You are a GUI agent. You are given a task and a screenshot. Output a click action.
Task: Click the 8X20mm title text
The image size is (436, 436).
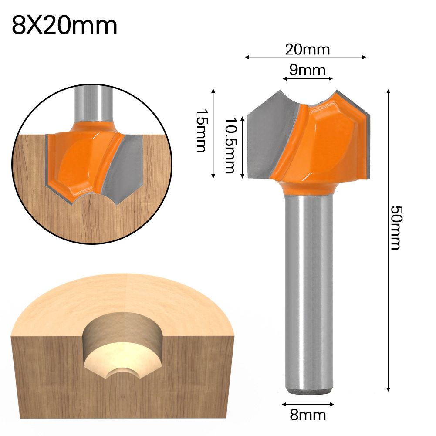64,25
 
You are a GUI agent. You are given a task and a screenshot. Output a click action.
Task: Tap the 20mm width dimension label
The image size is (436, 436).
308,50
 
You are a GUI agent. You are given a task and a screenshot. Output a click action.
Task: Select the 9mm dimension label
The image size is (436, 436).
308,69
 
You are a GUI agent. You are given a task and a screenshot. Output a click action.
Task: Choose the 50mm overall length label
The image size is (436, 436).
394,227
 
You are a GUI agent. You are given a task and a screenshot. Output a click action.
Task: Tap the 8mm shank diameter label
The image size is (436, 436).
308,415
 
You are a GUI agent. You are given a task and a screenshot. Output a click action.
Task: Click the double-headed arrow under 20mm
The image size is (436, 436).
305,57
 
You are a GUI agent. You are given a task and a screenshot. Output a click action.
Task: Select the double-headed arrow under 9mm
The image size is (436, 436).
308,78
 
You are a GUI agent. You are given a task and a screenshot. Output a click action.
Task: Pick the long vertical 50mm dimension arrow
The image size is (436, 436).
387,240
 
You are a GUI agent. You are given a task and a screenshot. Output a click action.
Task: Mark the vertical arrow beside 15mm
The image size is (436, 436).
213,133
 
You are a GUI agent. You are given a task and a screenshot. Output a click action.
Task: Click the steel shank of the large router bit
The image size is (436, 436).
308,283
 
